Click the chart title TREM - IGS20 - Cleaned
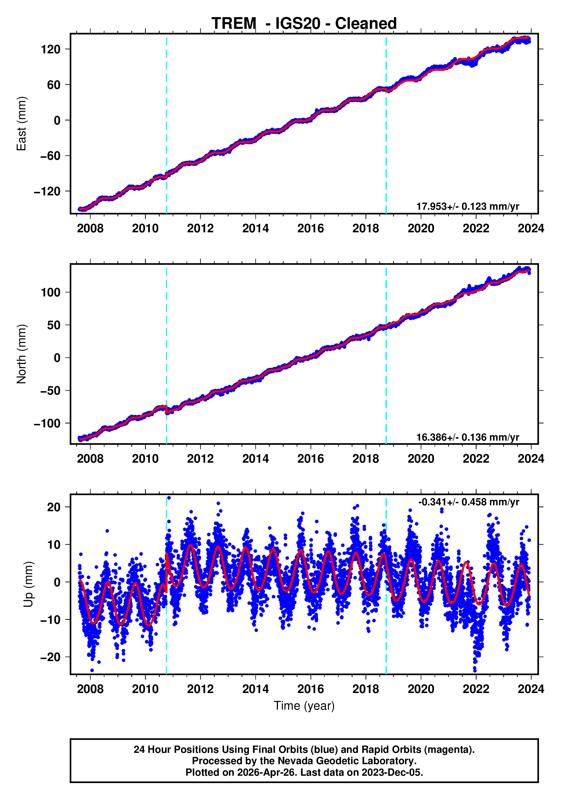pyautogui.click(x=304, y=24)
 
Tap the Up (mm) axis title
pyautogui.click(x=29, y=584)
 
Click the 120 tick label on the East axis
pyautogui.click(x=51, y=49)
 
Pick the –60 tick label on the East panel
pyautogui.click(x=51, y=156)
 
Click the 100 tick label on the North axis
pyautogui.click(x=51, y=292)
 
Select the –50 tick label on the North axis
pyautogui.click(x=51, y=391)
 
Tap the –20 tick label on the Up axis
pyautogui.click(x=51, y=657)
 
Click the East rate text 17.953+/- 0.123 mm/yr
pyautogui.click(x=467, y=206)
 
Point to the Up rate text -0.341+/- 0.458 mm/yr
pyautogui.click(x=468, y=502)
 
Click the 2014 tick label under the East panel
pyautogui.click(x=255, y=229)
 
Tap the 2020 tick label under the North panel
pyautogui.click(x=421, y=459)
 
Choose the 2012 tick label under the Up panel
pyautogui.click(x=200, y=689)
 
